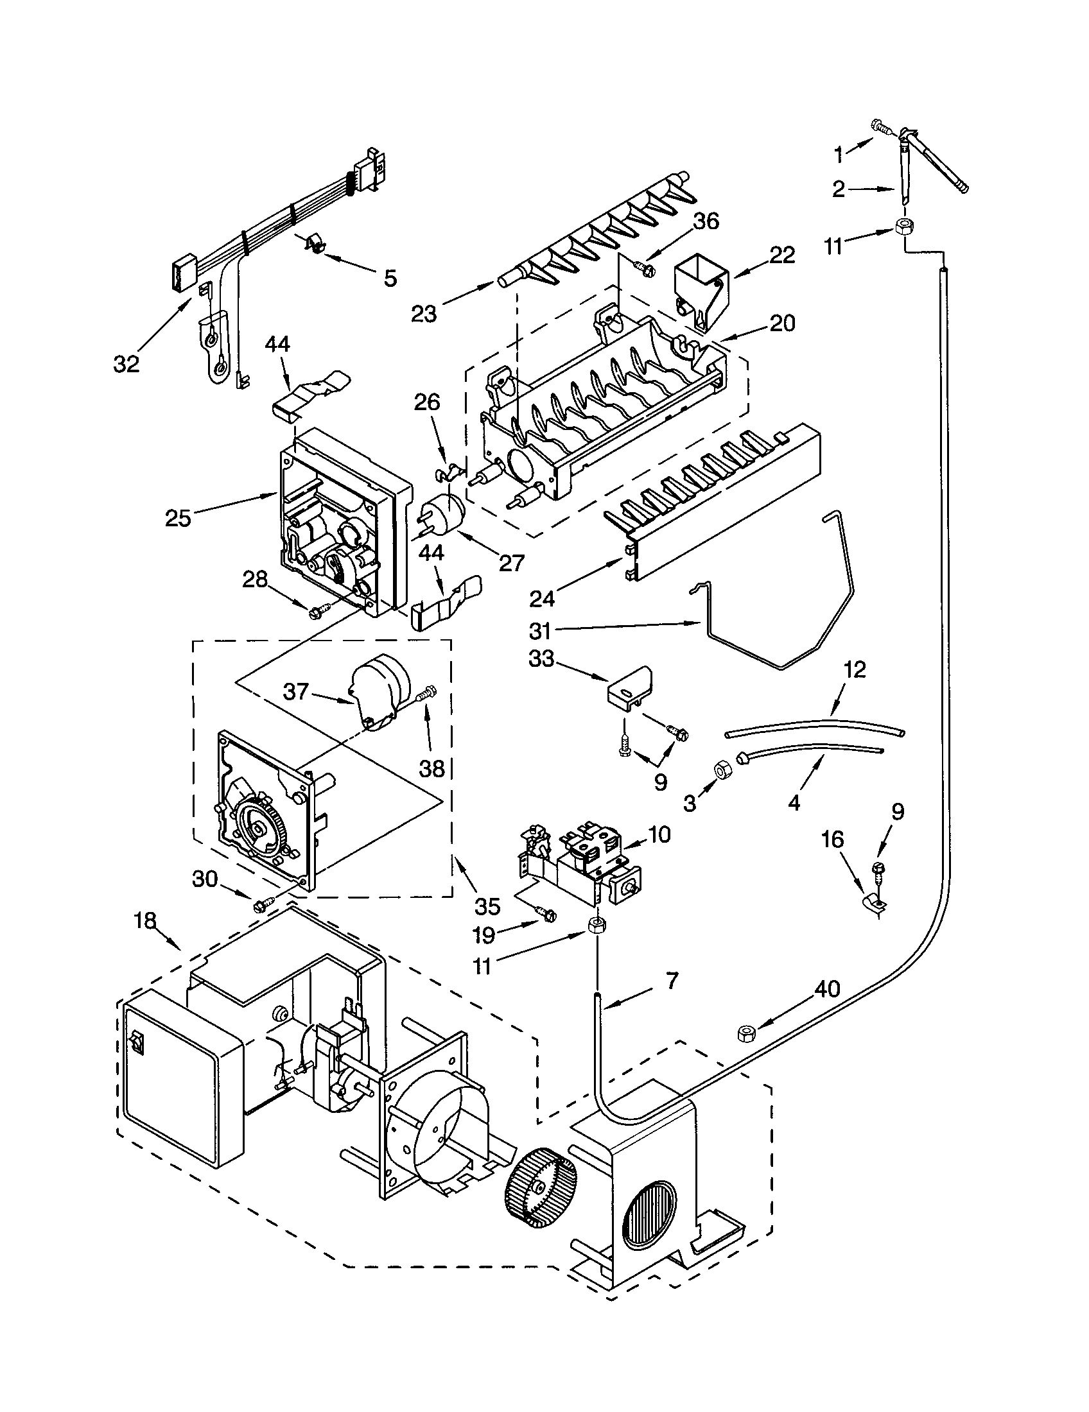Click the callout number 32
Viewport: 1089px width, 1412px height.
pyautogui.click(x=126, y=364)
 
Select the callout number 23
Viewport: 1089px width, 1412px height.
pyautogui.click(x=424, y=314)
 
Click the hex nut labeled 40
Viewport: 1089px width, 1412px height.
pyautogui.click(x=745, y=1035)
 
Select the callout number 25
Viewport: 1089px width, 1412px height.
pyautogui.click(x=178, y=518)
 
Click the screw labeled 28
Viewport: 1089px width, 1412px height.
pyautogui.click(x=320, y=608)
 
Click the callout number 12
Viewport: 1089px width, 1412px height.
pyautogui.click(x=854, y=669)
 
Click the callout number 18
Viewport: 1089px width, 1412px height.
pyautogui.click(x=145, y=920)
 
